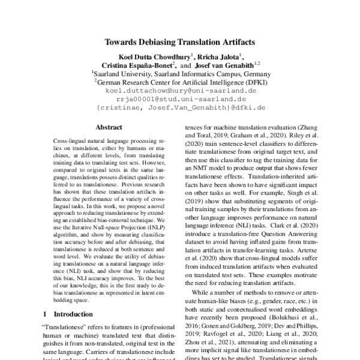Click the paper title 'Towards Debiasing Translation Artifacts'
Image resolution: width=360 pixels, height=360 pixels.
[x=180, y=43]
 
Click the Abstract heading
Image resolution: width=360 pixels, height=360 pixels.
[x=109, y=127]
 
